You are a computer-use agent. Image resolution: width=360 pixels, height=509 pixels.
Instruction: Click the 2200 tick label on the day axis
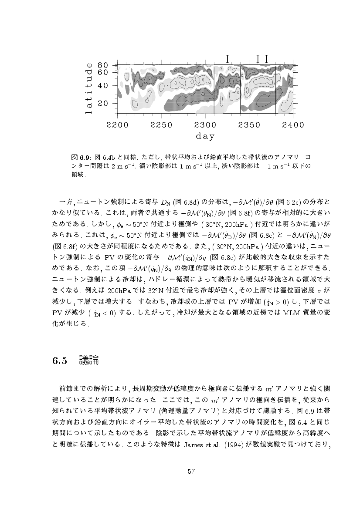click(117, 125)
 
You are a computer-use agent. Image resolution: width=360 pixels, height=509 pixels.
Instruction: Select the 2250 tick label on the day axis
click(161, 125)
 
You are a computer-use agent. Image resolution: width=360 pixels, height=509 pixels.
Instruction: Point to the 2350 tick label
click(250, 125)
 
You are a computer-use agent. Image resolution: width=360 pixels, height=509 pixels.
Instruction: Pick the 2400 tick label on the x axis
click(293, 125)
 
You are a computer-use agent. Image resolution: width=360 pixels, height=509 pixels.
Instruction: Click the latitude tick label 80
click(102, 65)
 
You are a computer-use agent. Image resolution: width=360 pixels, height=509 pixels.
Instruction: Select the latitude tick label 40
click(102, 86)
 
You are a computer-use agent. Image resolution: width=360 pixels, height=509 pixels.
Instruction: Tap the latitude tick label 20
click(102, 104)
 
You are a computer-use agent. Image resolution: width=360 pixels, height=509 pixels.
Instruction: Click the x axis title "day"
click(205, 137)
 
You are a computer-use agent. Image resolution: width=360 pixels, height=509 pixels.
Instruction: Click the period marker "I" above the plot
click(227, 58)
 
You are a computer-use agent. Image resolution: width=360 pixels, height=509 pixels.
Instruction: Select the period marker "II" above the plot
click(262, 58)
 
